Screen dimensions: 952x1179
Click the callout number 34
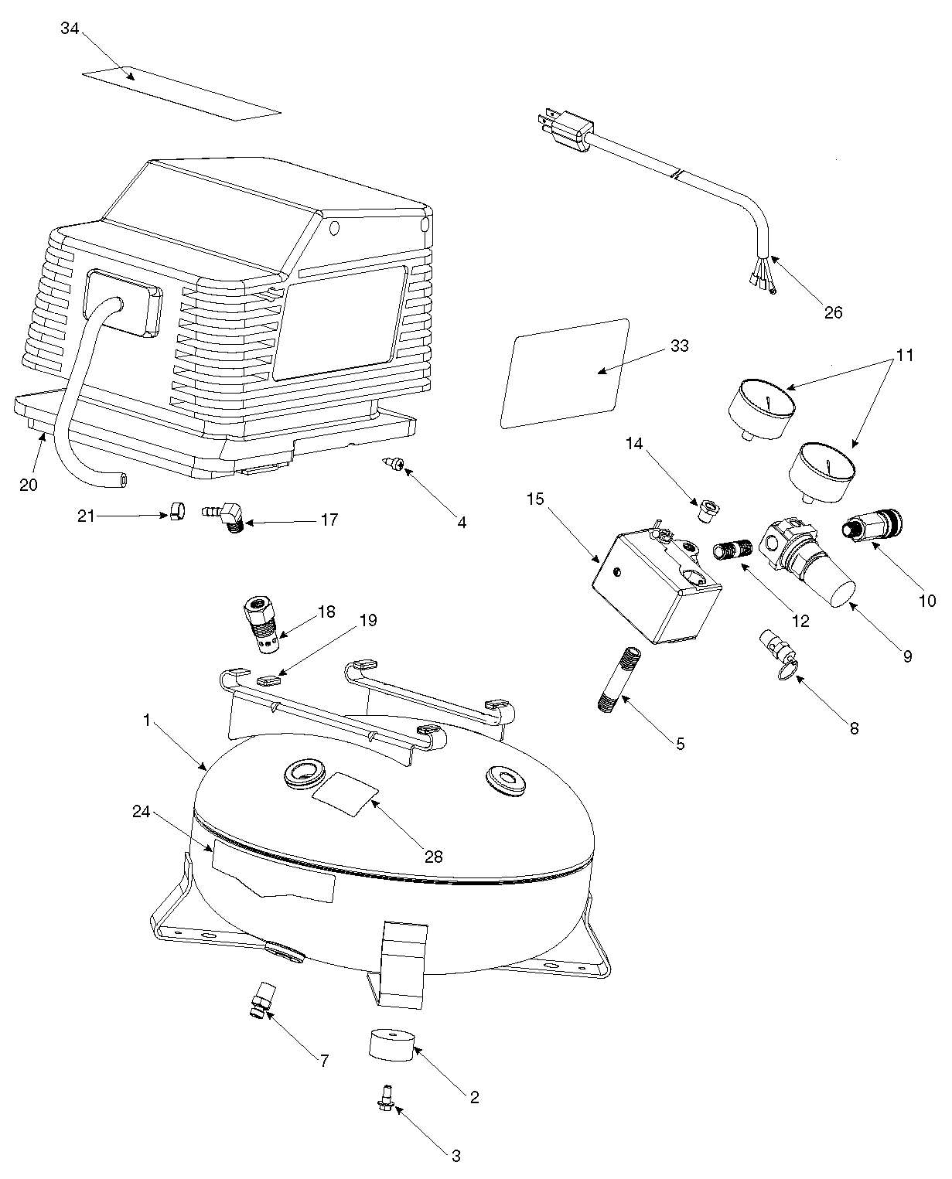point(70,29)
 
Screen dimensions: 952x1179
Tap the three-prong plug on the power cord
point(565,131)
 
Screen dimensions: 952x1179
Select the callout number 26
point(833,313)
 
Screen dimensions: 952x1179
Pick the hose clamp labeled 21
point(177,512)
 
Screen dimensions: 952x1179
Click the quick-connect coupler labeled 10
point(872,525)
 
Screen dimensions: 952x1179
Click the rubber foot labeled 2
point(391,1044)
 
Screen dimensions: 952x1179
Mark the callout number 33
point(679,346)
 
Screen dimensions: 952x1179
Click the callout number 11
point(904,355)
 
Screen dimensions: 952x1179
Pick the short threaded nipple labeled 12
point(732,549)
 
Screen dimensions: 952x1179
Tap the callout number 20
point(29,486)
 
